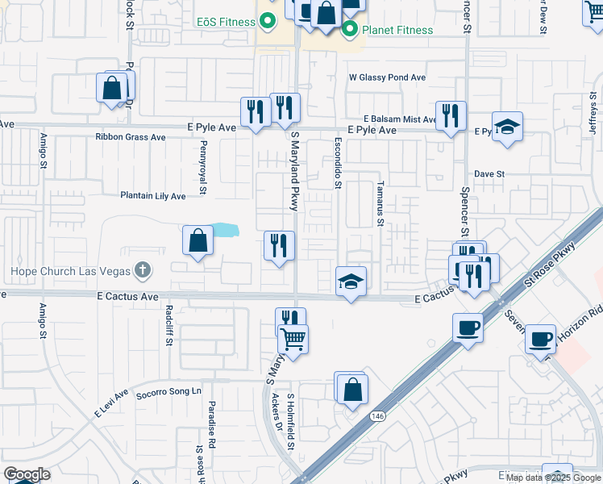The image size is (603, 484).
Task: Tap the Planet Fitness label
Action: pyautogui.click(x=397, y=30)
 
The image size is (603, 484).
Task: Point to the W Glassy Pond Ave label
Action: pyautogui.click(x=387, y=78)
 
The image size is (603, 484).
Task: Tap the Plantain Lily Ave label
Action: pyautogui.click(x=152, y=196)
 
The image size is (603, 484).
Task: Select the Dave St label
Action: pyautogui.click(x=489, y=173)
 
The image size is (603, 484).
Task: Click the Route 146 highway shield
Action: pyautogui.click(x=377, y=415)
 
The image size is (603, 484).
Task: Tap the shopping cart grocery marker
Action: pyautogui.click(x=293, y=339)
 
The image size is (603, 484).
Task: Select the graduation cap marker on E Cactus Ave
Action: pyautogui.click(x=351, y=282)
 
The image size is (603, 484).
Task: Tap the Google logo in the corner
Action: pyautogui.click(x=27, y=474)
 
